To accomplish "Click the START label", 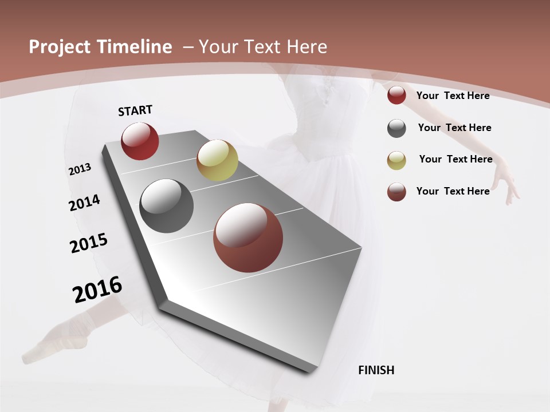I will tap(135, 110).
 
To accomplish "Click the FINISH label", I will tap(376, 370).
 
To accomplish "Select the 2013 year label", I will tap(80, 169).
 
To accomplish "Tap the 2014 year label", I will tap(84, 203).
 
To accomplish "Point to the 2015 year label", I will tap(89, 243).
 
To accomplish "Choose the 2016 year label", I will tap(97, 290).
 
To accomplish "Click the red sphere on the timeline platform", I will tap(140, 141).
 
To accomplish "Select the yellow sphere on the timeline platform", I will tap(217, 160).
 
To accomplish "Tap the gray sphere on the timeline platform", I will tap(167, 206).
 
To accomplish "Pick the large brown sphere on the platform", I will tap(248, 237).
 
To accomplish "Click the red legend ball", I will tap(396, 96).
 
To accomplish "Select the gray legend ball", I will tap(396, 128).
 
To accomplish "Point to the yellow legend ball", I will tap(396, 160).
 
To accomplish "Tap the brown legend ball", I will tap(396, 192).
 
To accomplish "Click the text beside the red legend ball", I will tap(453, 96).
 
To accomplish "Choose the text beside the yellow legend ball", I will tap(455, 159).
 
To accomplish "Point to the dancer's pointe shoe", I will tap(57, 338).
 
